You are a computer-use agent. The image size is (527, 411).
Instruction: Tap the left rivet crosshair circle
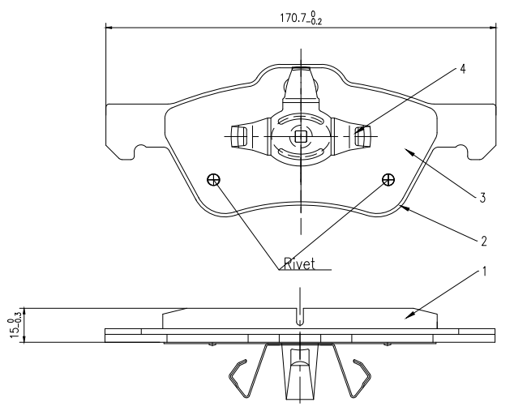coord(214,180)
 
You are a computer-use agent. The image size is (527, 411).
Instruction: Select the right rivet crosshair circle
coord(388,179)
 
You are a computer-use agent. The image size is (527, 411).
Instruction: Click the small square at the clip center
coord(301,137)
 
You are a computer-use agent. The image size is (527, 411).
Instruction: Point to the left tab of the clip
coord(239,137)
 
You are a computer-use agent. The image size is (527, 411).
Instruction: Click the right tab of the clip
coord(362,137)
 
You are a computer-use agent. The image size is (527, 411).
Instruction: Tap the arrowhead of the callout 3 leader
coord(408,150)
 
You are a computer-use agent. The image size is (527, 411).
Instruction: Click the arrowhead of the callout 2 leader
coord(401,208)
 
